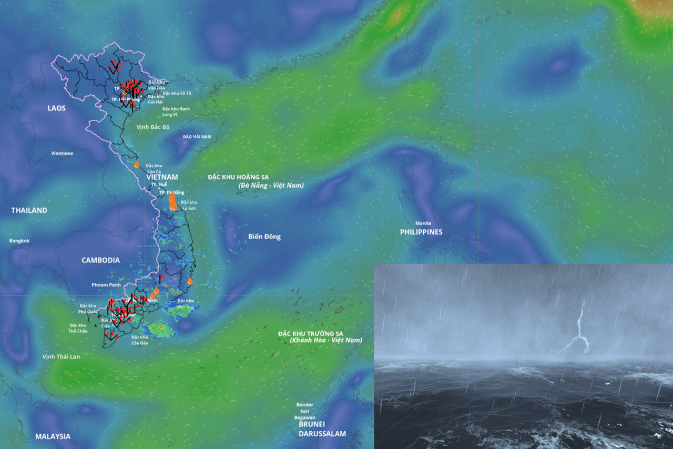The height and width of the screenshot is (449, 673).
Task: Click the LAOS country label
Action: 56,108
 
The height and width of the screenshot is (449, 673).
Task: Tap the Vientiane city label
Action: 62,154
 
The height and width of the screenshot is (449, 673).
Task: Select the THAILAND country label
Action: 29,210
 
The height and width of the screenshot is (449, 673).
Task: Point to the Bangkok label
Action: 19,241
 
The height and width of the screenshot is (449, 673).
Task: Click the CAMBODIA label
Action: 100,260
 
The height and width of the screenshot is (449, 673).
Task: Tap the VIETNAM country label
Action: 162,177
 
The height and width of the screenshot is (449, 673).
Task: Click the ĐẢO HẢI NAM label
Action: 197,137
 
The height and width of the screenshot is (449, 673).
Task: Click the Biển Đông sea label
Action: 264,237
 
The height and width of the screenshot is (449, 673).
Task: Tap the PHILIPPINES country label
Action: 421,232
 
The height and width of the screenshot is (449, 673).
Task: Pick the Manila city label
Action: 423,223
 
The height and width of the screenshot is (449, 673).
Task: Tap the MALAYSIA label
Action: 53,436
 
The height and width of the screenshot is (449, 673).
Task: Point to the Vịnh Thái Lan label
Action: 62,356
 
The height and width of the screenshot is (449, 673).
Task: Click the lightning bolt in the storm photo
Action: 580,329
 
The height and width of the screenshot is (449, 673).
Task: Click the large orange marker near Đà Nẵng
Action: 172,201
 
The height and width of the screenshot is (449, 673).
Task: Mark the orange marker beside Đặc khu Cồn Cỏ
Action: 137,164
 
